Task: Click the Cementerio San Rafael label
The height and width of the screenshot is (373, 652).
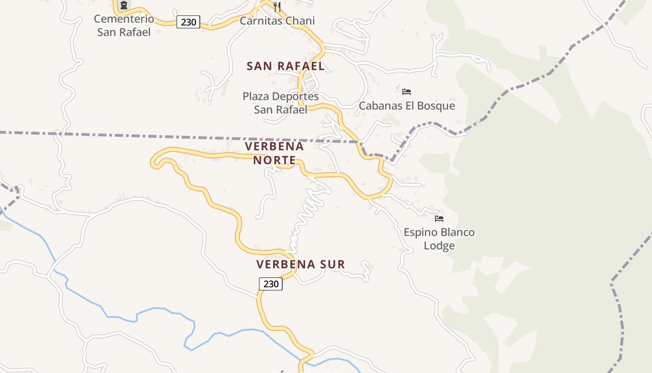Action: [x=124, y=26]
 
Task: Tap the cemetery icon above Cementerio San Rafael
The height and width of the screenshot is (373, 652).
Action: [x=123, y=6]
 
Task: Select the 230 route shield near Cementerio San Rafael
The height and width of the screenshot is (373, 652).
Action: [x=188, y=22]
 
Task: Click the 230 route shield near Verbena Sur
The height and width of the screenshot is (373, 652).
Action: [x=271, y=283]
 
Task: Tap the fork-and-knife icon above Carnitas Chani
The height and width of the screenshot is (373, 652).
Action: [x=277, y=7]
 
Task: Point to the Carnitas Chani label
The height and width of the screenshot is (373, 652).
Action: [x=277, y=21]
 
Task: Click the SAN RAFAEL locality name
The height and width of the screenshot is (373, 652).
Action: [x=285, y=66]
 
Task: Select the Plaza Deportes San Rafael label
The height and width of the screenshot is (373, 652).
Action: [x=281, y=103]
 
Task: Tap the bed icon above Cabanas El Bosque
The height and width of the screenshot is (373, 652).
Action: [x=407, y=92]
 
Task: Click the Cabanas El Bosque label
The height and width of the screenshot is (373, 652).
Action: [x=407, y=106]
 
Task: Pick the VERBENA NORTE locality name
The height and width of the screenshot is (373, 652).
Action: [x=274, y=153]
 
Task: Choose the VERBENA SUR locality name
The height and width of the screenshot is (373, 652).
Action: [x=301, y=264]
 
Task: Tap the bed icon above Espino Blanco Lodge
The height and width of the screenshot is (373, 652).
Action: [x=439, y=218]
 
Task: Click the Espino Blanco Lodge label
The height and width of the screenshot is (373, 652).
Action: [x=439, y=239]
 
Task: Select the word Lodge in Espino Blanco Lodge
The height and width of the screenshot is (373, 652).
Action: [x=439, y=246]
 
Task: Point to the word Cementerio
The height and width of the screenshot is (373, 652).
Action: [x=124, y=19]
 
